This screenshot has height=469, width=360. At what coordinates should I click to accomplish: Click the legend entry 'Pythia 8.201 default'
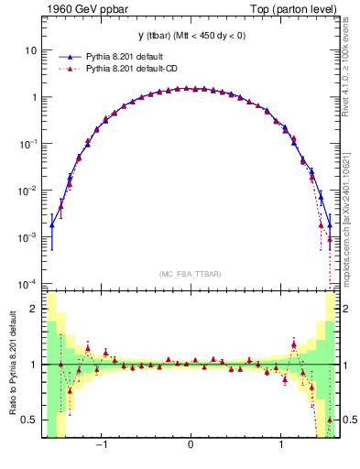135,55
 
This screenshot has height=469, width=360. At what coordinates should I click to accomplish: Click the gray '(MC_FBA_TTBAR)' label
191,274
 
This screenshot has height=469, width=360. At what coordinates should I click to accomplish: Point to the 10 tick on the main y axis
34,49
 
